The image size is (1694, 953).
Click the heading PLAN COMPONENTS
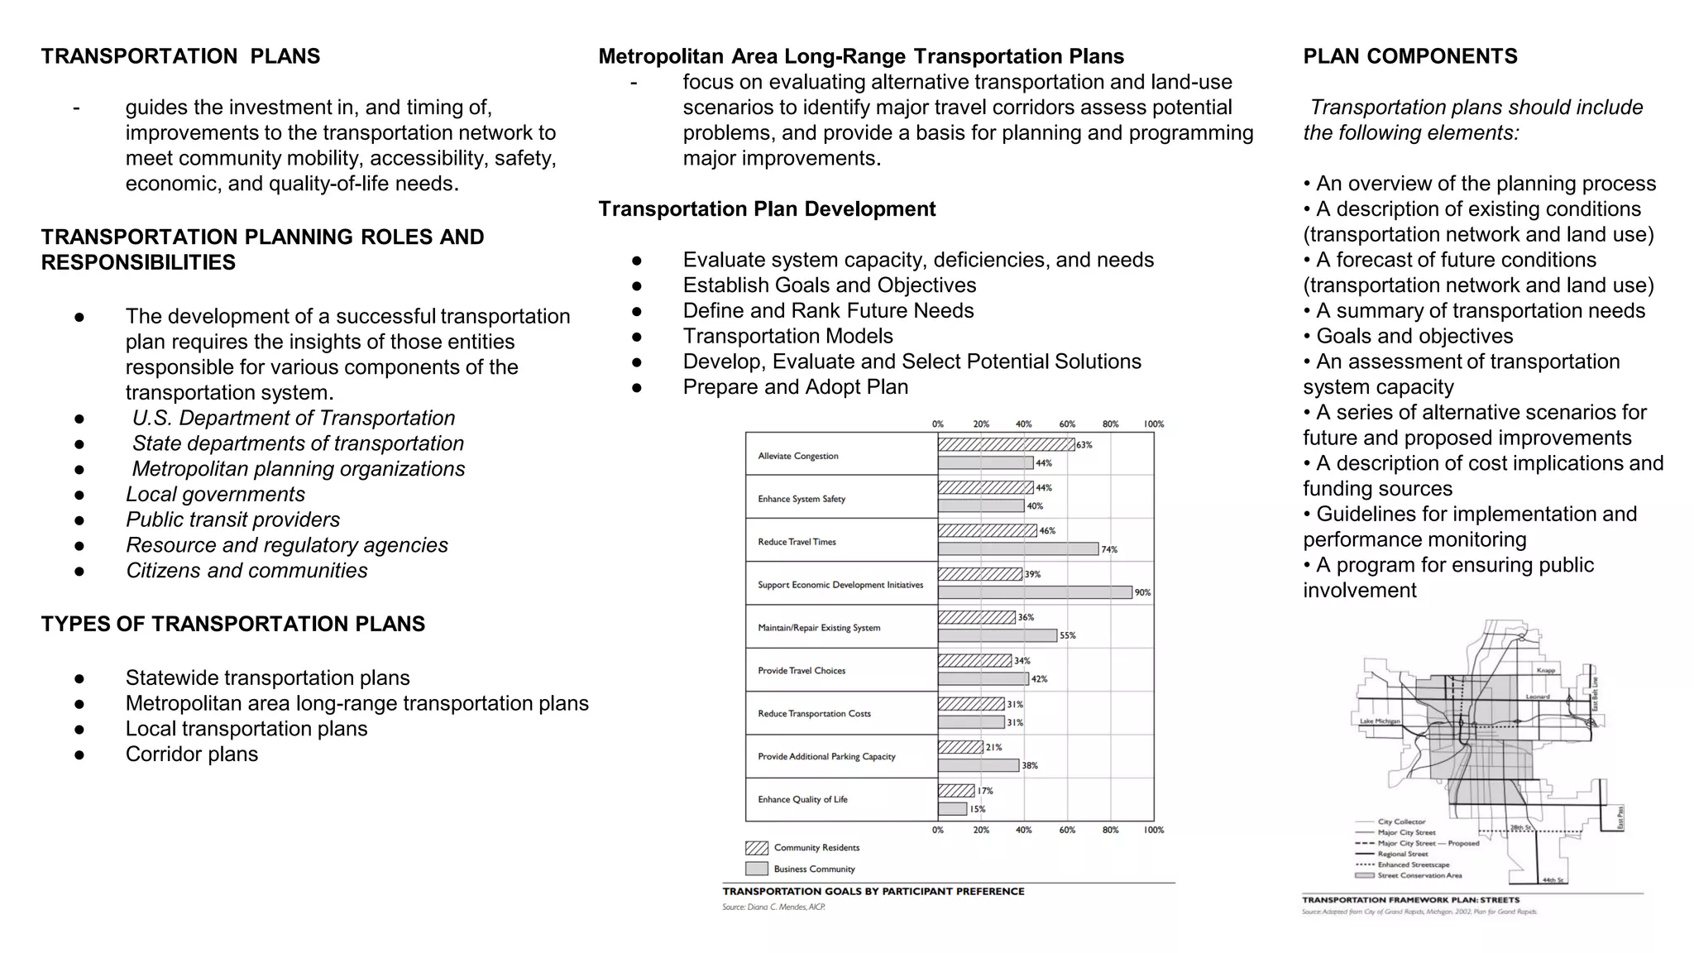coord(1409,56)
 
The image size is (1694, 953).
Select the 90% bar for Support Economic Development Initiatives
coord(1034,592)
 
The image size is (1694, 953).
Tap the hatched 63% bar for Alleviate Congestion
coord(1006,445)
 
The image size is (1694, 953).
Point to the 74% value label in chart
coord(1109,549)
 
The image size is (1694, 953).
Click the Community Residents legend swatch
coord(756,848)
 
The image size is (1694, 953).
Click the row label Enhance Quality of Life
coord(802,799)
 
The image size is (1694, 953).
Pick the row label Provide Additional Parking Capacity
coord(826,756)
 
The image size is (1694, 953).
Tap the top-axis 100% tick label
coord(1153,424)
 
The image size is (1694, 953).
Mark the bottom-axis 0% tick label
coord(938,830)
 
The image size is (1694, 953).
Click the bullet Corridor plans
coord(191,754)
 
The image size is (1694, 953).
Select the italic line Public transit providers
coord(232,520)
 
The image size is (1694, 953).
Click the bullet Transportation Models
coord(787,336)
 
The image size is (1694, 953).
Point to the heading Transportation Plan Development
coord(767,208)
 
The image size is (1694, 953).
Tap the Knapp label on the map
coord(1545,670)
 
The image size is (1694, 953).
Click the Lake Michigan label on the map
coord(1380,721)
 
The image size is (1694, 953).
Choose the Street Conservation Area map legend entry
coord(1419,875)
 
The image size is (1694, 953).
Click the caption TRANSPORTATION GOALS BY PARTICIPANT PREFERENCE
coord(873,891)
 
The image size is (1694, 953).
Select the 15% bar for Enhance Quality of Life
coord(952,809)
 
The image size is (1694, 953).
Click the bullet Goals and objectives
coord(1414,336)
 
